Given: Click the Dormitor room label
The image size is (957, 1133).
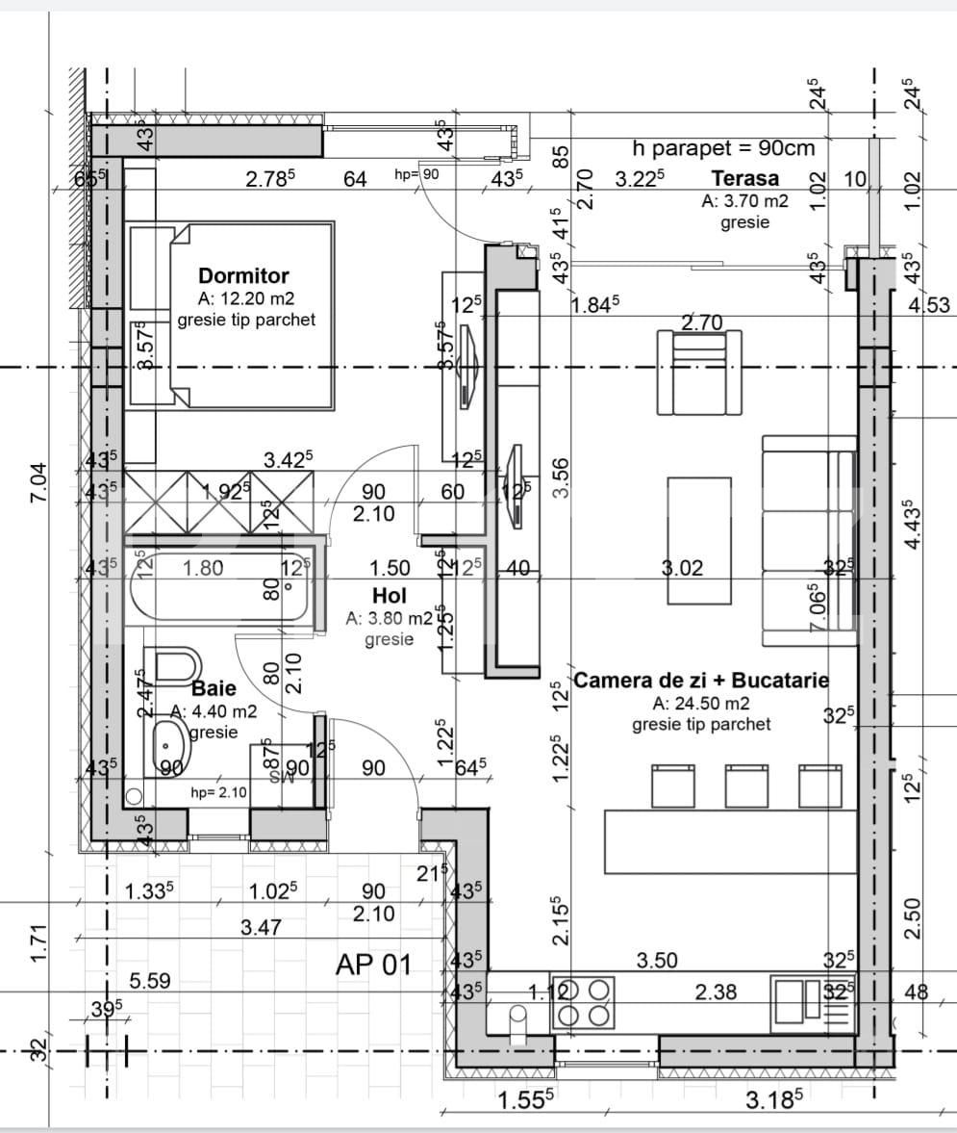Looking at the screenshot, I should pyautogui.click(x=243, y=276).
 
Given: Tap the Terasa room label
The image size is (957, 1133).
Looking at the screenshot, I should pyautogui.click(x=744, y=178).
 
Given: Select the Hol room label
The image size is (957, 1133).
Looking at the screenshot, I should pyautogui.click(x=390, y=597).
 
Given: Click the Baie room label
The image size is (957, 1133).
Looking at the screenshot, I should pyautogui.click(x=213, y=688).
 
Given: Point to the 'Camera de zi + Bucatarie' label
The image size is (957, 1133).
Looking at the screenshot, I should pyautogui.click(x=701, y=680).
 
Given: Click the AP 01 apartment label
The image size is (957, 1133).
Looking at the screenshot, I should pyautogui.click(x=373, y=964).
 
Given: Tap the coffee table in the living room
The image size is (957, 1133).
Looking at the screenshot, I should pyautogui.click(x=699, y=540).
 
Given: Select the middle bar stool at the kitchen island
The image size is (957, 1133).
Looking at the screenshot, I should pyautogui.click(x=746, y=785).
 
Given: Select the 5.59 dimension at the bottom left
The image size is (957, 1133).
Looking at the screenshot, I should pyautogui.click(x=150, y=981).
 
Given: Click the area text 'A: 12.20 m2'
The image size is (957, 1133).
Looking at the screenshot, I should pyautogui.click(x=244, y=297).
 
